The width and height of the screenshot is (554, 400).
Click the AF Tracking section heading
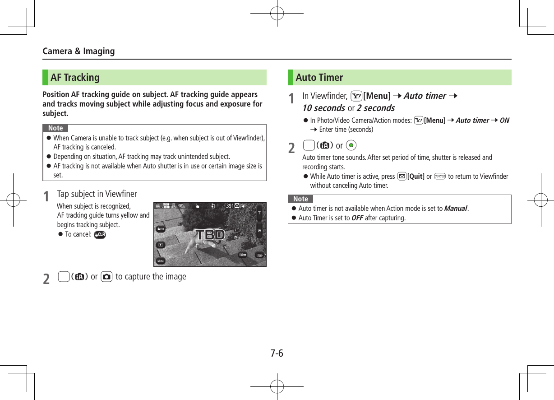(75, 77)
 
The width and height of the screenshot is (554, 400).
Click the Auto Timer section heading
(319, 77)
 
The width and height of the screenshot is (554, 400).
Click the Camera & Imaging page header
(78, 51)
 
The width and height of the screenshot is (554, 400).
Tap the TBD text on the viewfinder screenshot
(210, 235)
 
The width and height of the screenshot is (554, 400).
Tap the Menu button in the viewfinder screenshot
(160, 261)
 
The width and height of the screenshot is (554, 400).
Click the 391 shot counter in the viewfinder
(230, 206)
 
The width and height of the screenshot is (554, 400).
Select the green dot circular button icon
(352, 145)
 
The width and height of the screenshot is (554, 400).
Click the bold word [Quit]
(415, 176)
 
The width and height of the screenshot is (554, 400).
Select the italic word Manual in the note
(455, 208)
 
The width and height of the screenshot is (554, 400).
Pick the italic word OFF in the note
(357, 218)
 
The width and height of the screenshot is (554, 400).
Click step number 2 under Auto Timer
(292, 148)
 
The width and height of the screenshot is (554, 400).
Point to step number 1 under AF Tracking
(46, 196)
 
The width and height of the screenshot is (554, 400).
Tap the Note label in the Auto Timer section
(300, 199)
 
